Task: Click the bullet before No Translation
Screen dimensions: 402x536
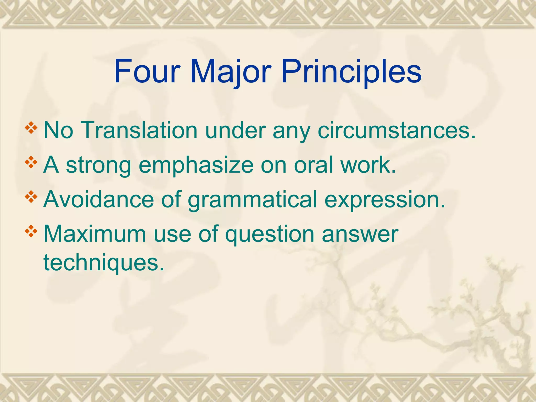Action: point(31,127)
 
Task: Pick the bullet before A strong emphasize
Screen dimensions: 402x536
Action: point(31,162)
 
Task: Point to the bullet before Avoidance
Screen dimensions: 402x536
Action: point(31,197)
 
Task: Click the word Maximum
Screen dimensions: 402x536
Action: point(94,234)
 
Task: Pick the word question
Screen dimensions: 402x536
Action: point(269,234)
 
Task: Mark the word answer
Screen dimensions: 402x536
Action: point(360,234)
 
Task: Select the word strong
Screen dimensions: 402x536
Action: point(98,165)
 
